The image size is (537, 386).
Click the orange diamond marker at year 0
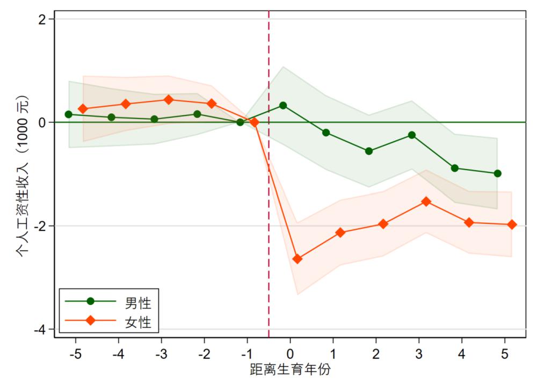click(x=297, y=259)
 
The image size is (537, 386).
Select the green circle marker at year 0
click(x=283, y=105)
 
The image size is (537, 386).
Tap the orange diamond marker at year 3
click(x=426, y=201)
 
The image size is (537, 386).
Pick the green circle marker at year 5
click(x=497, y=173)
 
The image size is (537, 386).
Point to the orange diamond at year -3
click(x=168, y=99)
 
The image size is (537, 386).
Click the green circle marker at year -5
click(x=68, y=114)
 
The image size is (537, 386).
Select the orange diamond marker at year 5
click(x=512, y=224)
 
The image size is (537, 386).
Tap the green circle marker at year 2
click(x=369, y=151)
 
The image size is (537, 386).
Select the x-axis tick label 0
click(x=291, y=355)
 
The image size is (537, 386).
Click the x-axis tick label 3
click(x=419, y=355)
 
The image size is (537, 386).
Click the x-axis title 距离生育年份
click(x=290, y=371)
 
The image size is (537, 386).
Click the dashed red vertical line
click(x=268, y=215)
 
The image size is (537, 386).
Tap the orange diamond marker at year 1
click(x=340, y=232)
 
